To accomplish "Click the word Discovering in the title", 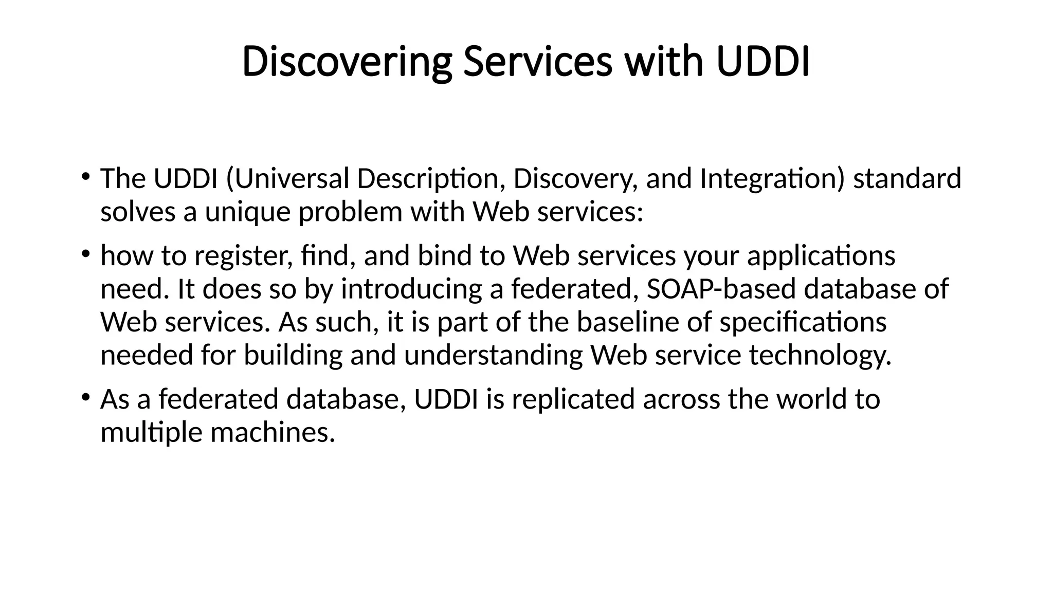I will [346, 62].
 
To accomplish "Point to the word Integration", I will [771, 179].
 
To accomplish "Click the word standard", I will [907, 179].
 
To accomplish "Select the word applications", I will [821, 256].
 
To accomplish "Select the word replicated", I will [573, 399].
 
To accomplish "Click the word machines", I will [273, 432].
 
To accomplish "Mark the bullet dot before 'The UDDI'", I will [85, 176].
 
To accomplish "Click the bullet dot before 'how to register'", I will [85, 253].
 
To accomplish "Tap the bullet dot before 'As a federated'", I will [85, 397].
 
